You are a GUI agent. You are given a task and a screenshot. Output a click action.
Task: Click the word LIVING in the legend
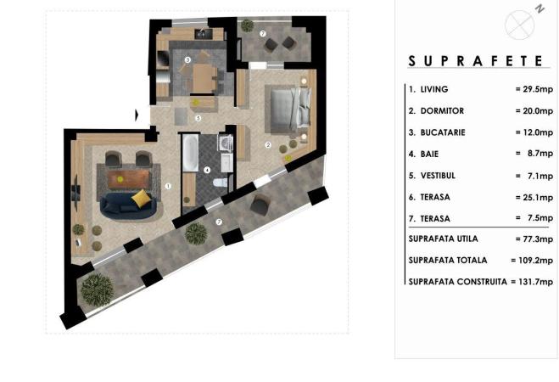(x=434, y=89)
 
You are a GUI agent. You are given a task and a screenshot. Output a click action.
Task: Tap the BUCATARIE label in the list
(x=443, y=132)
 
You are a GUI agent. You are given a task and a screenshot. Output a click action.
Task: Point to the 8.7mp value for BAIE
(x=540, y=154)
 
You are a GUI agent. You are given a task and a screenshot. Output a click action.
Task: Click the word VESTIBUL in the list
(x=438, y=176)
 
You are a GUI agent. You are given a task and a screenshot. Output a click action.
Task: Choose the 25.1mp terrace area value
(x=538, y=197)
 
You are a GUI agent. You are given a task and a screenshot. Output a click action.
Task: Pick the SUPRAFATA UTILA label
(x=443, y=239)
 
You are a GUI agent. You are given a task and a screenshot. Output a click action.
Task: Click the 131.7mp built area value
(x=535, y=282)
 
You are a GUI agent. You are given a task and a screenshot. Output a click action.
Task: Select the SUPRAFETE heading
(x=476, y=61)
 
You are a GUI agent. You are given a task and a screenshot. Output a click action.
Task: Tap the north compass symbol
(x=520, y=25)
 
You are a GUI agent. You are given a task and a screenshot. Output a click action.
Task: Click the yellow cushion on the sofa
(x=142, y=198)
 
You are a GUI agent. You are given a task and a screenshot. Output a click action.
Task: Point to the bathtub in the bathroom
(x=190, y=153)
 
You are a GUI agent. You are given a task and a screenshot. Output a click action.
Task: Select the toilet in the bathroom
(x=220, y=183)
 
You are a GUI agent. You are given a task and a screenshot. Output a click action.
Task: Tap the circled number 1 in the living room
(x=168, y=186)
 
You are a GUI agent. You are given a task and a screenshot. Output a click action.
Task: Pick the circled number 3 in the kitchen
(x=187, y=60)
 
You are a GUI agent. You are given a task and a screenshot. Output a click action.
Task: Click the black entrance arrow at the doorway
(x=137, y=115)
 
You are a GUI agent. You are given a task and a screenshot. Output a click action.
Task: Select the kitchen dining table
(x=204, y=78)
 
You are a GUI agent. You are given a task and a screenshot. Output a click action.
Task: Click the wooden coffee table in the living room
(x=128, y=179)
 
